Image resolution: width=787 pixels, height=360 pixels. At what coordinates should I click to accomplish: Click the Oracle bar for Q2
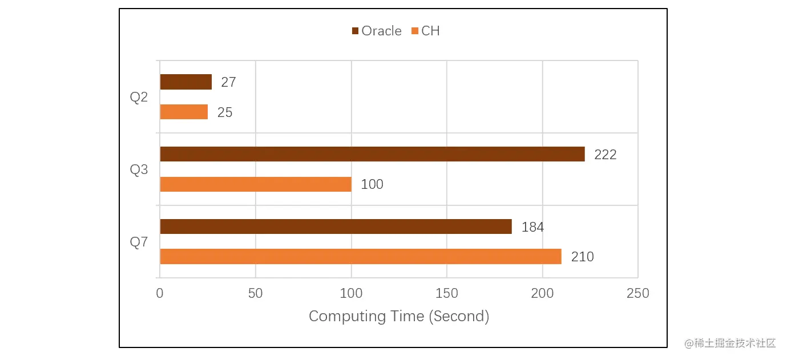pyautogui.click(x=185, y=82)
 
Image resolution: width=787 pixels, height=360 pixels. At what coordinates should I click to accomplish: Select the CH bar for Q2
pyautogui.click(x=184, y=112)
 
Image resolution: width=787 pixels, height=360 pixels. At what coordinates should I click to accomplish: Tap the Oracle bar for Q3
pyautogui.click(x=372, y=154)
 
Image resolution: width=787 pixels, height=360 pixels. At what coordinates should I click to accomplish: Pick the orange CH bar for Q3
pyautogui.click(x=255, y=184)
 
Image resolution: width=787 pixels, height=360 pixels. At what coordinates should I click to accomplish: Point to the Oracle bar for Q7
pyautogui.click(x=336, y=226)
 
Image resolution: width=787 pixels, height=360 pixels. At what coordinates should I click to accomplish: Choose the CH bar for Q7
pyautogui.click(x=360, y=257)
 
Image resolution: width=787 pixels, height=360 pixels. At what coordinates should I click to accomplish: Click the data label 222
pyautogui.click(x=605, y=155)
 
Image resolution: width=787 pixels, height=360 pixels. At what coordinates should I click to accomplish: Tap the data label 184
pyautogui.click(x=532, y=227)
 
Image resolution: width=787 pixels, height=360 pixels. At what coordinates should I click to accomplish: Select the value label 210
pyautogui.click(x=582, y=257)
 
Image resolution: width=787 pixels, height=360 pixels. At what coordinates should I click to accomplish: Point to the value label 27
pyautogui.click(x=228, y=82)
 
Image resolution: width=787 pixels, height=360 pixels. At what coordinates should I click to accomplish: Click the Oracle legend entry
pyautogui.click(x=377, y=31)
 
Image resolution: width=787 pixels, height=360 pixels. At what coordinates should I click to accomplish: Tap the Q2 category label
pyautogui.click(x=139, y=97)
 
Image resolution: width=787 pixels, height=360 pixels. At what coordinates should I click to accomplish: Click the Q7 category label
pyautogui.click(x=139, y=242)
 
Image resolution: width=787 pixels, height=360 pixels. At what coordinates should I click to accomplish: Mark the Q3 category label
pyautogui.click(x=139, y=169)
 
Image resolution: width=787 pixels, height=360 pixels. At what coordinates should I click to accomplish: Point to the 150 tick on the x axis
pyautogui.click(x=446, y=293)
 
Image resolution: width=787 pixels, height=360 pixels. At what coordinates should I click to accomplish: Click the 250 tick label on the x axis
pyautogui.click(x=637, y=293)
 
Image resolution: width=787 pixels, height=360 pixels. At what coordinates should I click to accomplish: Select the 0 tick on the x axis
pyautogui.click(x=160, y=293)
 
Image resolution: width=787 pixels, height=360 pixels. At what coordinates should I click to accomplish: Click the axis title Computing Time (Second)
pyautogui.click(x=399, y=316)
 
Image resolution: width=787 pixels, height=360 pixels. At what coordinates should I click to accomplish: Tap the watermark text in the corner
pyautogui.click(x=731, y=343)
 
